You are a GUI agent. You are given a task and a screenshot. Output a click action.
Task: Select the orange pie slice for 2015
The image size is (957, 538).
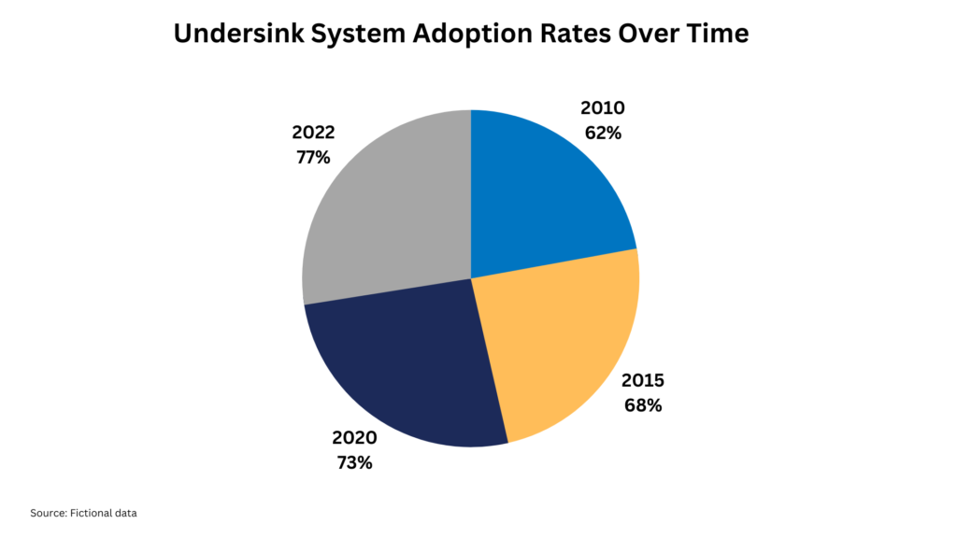561,346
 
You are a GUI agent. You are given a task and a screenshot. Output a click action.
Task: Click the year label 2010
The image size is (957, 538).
603,108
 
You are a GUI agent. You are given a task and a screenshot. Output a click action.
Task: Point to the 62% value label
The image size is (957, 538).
603,133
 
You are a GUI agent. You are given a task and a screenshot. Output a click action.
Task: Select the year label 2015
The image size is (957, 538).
643,381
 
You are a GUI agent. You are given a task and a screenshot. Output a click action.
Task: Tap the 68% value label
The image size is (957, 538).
643,405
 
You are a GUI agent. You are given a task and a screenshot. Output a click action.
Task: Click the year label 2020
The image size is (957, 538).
354,437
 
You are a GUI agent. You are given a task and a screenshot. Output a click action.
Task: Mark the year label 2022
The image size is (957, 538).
312,133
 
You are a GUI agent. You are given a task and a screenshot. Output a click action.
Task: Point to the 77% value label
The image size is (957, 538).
312,157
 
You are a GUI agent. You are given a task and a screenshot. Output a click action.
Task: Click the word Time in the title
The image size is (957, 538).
717,34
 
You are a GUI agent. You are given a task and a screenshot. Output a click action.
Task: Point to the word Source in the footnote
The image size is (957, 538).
48,513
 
